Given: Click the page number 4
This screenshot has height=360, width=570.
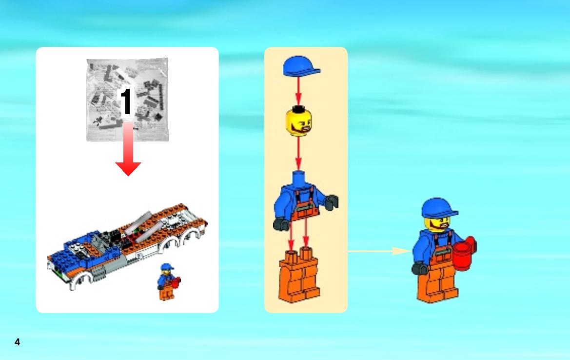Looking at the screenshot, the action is click(17, 342).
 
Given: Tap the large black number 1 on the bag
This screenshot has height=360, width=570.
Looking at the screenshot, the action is click(126, 101).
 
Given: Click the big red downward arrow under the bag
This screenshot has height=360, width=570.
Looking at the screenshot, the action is click(128, 149).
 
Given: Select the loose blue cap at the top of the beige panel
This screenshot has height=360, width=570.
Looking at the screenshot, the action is click(301, 66).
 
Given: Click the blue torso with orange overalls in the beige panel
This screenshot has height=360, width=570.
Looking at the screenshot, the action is click(305, 200).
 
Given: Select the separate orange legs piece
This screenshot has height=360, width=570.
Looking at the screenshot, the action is click(299, 275).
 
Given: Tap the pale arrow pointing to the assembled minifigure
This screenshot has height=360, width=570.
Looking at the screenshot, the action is click(379, 251).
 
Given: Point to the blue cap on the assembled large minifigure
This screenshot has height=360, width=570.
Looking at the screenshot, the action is click(439, 209).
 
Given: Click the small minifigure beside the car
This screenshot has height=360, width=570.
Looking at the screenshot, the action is click(168, 282).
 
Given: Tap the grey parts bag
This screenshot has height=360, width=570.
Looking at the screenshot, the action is click(127, 100).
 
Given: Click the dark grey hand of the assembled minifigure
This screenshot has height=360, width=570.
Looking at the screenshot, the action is click(420, 268).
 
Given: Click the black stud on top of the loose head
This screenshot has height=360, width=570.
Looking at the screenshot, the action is click(298, 108).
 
